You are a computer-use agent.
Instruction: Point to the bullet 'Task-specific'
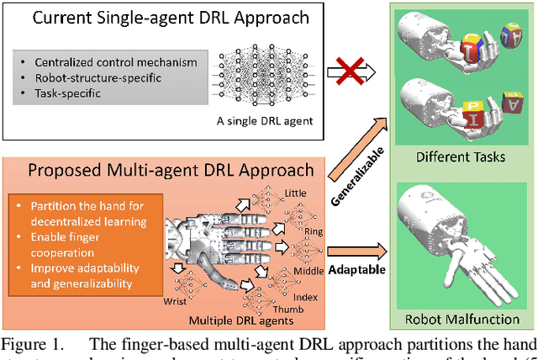(67, 93)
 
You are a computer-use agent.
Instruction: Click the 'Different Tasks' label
(449, 157)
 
